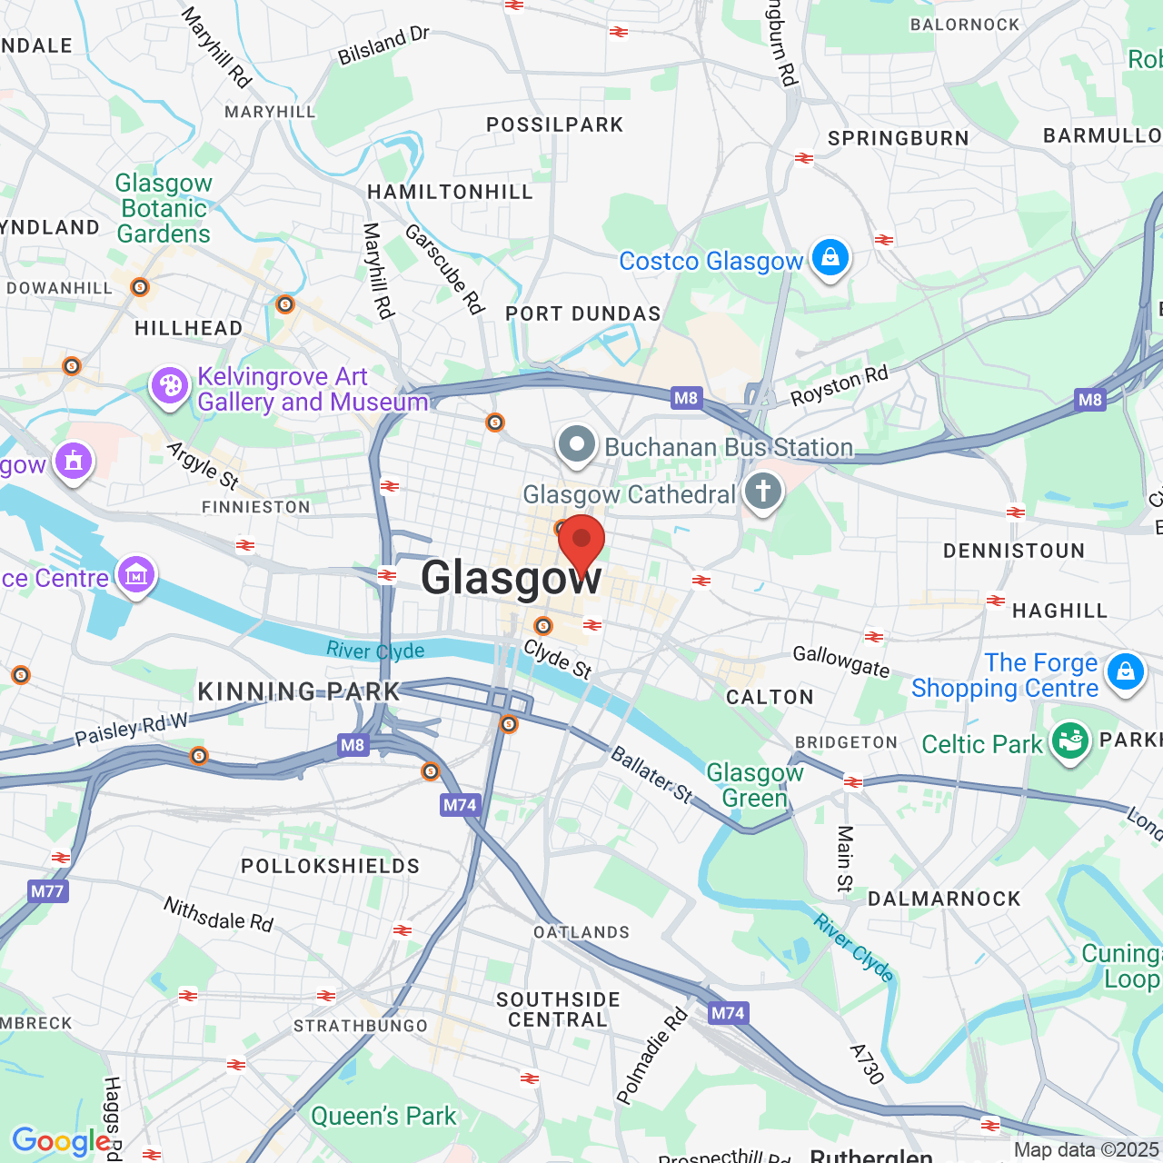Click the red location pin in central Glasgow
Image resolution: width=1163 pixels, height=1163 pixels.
click(x=581, y=542)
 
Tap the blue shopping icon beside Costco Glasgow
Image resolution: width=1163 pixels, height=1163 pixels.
click(x=830, y=258)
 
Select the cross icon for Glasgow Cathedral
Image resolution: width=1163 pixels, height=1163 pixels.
click(x=763, y=492)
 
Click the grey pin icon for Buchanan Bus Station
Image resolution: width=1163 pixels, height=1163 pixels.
click(x=577, y=445)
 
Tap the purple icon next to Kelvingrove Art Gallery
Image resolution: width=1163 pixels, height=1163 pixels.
click(x=169, y=386)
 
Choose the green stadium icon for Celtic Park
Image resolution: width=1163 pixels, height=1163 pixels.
click(x=1069, y=741)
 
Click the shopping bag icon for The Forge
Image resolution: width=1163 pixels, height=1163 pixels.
click(x=1125, y=672)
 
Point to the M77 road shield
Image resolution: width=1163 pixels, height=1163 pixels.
click(x=47, y=890)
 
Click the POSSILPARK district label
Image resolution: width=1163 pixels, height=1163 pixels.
click(x=554, y=124)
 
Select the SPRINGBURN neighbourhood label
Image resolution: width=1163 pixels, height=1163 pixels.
click(x=898, y=138)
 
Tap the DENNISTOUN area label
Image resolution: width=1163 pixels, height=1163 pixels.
click(x=1014, y=551)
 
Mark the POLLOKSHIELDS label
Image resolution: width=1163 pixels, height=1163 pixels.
click(x=330, y=866)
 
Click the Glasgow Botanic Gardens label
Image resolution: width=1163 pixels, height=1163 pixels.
click(x=164, y=209)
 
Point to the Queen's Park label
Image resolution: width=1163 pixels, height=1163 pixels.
click(x=383, y=1116)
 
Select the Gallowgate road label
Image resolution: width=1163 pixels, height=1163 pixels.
click(x=840, y=661)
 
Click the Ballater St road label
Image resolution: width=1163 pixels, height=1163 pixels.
click(x=651, y=775)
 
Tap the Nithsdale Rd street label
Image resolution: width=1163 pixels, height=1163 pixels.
click(x=218, y=914)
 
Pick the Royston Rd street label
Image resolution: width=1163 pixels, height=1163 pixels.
click(x=839, y=386)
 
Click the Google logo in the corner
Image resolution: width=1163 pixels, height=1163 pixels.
click(x=61, y=1141)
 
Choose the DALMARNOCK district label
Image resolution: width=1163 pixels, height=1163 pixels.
click(x=944, y=899)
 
